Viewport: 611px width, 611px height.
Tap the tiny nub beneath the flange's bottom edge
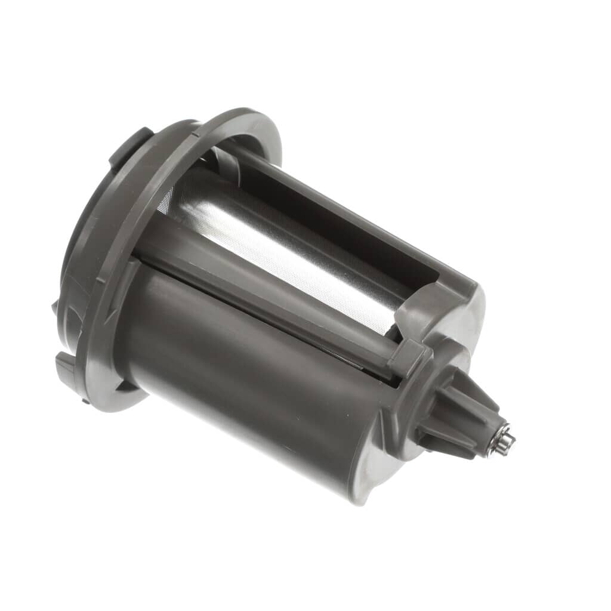click(x=86, y=400)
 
